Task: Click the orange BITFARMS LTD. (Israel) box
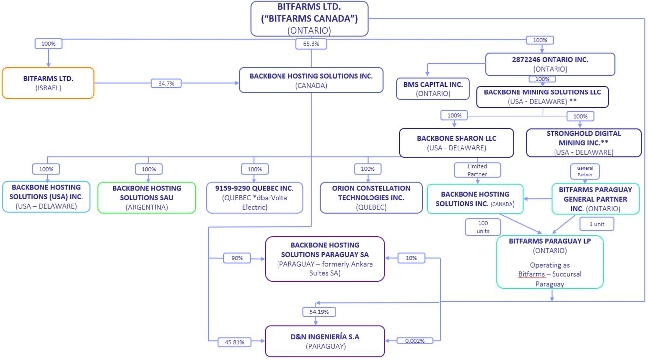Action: point(48,83)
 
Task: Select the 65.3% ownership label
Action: point(311,44)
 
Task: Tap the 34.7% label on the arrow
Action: point(166,83)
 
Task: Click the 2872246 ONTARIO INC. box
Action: point(550,64)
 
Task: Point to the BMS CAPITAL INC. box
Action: point(433,89)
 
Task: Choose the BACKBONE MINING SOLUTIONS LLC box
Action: point(542,97)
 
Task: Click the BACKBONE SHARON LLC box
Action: point(456,143)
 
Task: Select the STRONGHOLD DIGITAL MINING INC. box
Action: point(583,143)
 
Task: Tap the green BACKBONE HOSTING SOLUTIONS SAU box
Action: point(147,197)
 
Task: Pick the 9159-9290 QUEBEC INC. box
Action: point(255,197)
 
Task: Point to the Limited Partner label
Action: point(477,170)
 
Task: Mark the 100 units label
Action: point(483,227)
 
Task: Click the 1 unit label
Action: point(596,224)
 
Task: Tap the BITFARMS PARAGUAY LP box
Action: point(550,262)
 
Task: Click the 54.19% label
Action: point(319,312)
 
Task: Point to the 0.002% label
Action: point(414,341)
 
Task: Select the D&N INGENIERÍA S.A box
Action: point(325,341)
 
